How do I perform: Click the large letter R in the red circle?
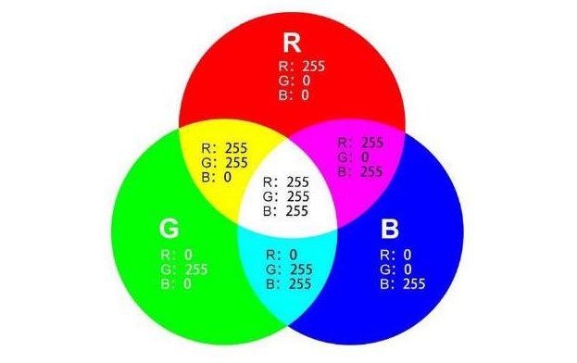tap(291, 44)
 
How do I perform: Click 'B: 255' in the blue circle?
tap(402, 283)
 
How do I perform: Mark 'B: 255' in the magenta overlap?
tap(359, 171)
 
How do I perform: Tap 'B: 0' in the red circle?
tap(294, 94)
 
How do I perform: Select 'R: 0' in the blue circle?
tap(395, 254)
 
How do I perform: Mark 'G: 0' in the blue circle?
tap(395, 269)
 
